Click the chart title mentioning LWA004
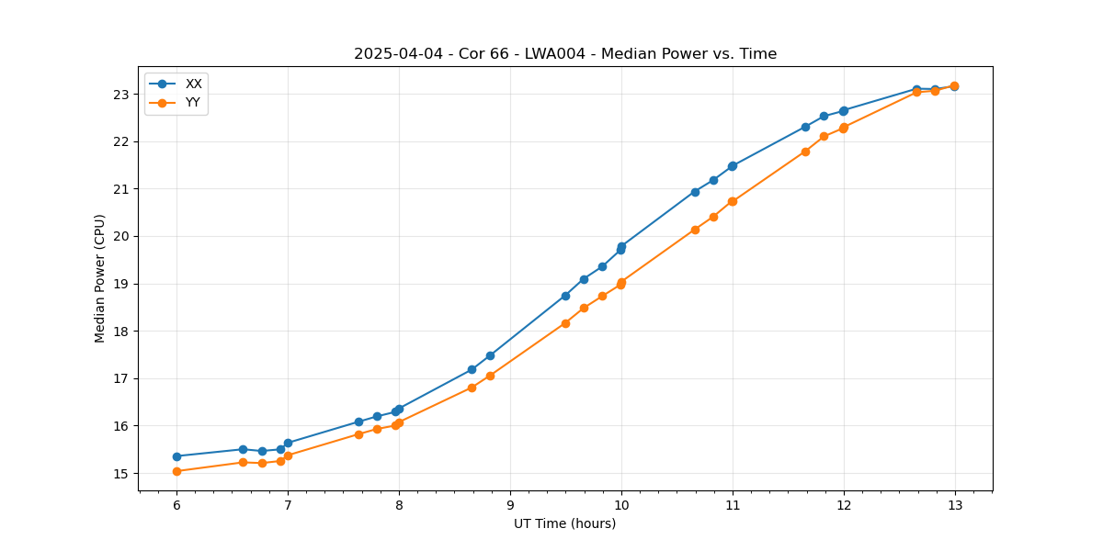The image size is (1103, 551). click(565, 54)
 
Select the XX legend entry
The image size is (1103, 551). click(193, 84)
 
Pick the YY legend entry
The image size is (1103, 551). click(193, 103)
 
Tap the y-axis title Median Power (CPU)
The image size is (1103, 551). click(100, 278)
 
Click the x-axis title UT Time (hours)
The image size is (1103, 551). click(564, 523)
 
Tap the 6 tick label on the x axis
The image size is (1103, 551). click(176, 505)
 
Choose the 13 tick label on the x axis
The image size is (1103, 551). click(954, 505)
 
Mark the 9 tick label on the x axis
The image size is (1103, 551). click(510, 505)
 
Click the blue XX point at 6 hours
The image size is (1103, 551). click(176, 456)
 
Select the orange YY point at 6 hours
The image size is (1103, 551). click(176, 471)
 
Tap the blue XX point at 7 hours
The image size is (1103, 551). click(288, 443)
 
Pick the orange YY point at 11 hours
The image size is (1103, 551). click(733, 201)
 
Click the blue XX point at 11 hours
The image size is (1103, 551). click(733, 166)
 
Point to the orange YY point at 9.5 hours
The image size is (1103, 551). click(565, 323)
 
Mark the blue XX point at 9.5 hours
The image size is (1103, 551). click(565, 296)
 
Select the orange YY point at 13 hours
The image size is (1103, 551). click(954, 85)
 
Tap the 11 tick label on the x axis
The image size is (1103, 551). click(733, 505)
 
